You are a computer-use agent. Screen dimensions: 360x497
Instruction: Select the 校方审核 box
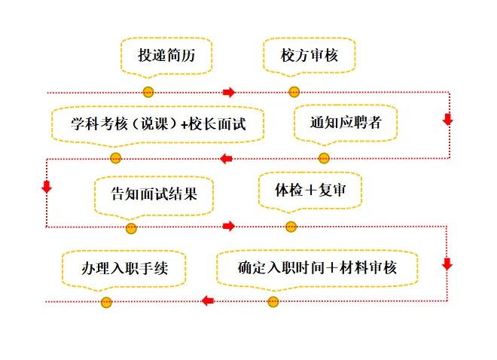(x=298, y=56)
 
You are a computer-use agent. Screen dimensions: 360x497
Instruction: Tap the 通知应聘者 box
(x=346, y=122)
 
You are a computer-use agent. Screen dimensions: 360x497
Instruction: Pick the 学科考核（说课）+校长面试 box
(x=158, y=123)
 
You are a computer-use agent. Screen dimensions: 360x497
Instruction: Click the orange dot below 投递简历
(x=148, y=92)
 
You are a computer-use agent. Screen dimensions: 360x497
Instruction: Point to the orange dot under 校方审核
(x=294, y=92)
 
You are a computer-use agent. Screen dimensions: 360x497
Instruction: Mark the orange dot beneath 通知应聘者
(x=324, y=158)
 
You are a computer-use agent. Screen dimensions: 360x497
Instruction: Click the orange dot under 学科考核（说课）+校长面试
(x=115, y=158)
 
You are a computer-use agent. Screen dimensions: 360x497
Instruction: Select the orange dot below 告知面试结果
(x=132, y=227)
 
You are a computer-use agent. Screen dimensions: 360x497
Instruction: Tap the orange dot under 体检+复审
(x=291, y=227)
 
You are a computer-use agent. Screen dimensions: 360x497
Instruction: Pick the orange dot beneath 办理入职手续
(x=107, y=302)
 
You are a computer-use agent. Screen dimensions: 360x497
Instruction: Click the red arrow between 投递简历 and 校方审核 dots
(x=229, y=92)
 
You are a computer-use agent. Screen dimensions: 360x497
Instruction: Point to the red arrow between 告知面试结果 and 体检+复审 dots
(x=229, y=226)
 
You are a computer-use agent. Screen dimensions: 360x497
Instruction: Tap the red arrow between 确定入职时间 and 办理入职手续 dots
(x=209, y=301)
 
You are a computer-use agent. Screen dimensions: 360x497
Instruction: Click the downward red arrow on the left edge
(x=47, y=186)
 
